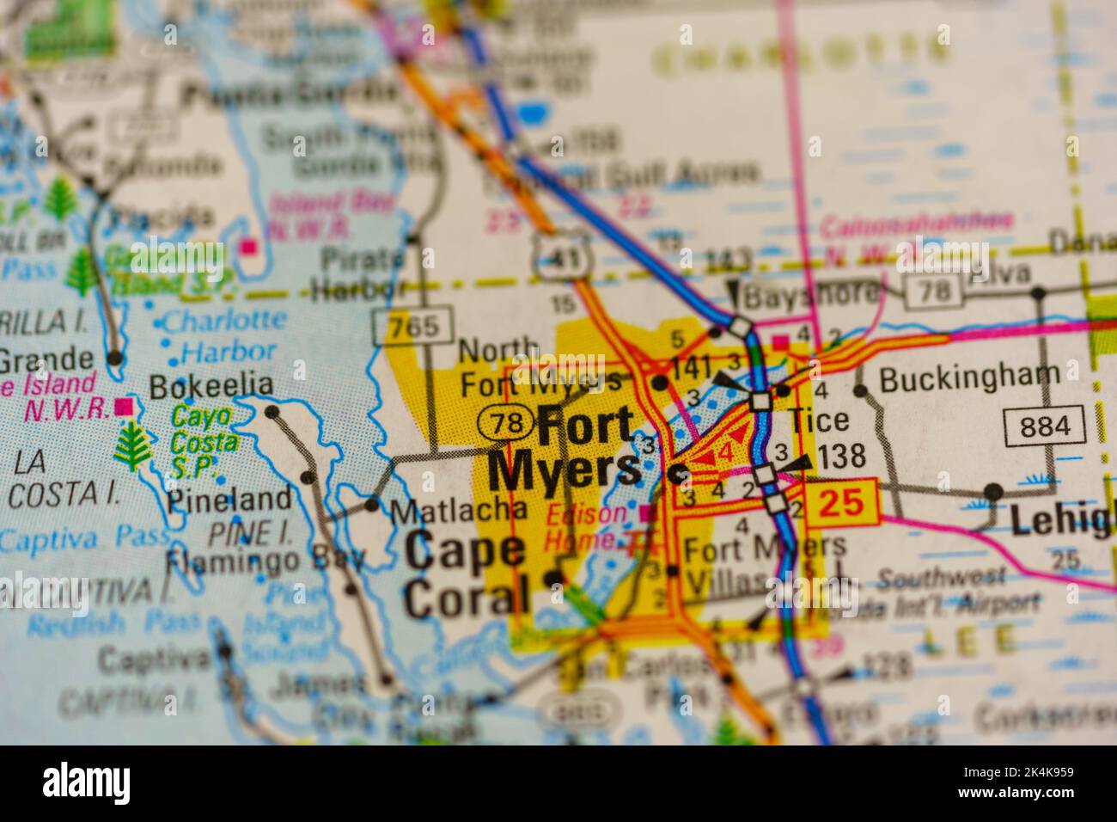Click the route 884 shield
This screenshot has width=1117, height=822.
1044,426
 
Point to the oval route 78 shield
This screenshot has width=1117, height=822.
504,422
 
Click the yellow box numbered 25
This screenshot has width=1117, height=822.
841,502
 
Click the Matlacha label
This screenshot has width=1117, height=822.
458,511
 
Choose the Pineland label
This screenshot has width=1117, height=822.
229,499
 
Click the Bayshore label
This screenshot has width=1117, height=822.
812,295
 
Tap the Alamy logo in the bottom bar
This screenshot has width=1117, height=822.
86,783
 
